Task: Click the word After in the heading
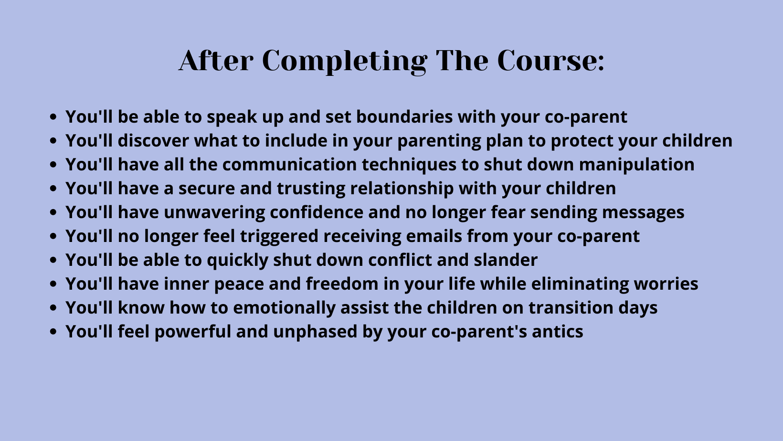(216, 61)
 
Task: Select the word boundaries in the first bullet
(404, 116)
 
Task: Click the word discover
(153, 140)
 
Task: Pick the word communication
(289, 164)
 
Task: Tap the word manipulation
(636, 165)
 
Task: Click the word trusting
(311, 189)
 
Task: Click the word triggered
(279, 236)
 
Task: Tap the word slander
(506, 260)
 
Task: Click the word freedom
(342, 283)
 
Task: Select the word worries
(666, 284)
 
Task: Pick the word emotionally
(284, 308)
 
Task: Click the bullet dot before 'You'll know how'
(53, 307)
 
